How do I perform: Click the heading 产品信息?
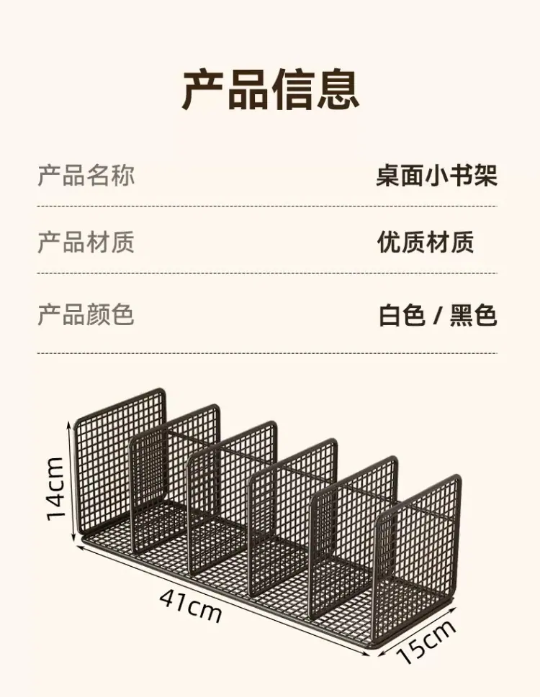tap(270, 88)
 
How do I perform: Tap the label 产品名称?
tap(86, 175)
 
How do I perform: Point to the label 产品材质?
tap(86, 242)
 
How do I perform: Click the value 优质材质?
tap(426, 242)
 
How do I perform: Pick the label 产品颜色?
tap(86, 315)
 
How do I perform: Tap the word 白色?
tap(402, 315)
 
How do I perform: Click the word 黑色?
tap(473, 315)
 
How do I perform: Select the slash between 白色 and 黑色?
tap(437, 316)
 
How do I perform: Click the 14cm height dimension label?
tap(55, 488)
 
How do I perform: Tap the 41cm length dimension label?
tap(190, 604)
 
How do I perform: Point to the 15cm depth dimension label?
tap(426, 641)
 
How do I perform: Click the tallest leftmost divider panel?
tap(120, 463)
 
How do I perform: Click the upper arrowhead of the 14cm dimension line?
tap(69, 426)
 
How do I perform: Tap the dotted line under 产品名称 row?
tap(267, 206)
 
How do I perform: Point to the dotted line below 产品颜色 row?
tap(267, 353)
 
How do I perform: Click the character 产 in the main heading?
tap(203, 89)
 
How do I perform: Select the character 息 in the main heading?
tap(338, 88)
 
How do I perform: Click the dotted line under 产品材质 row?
tap(267, 273)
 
